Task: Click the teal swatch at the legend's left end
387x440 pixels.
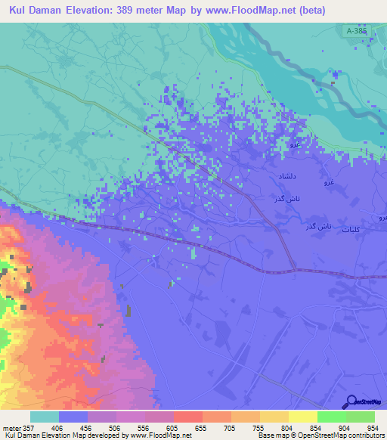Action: click(45, 417)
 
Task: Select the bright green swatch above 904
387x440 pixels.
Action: click(331, 417)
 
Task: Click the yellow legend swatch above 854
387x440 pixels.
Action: click(303, 417)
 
